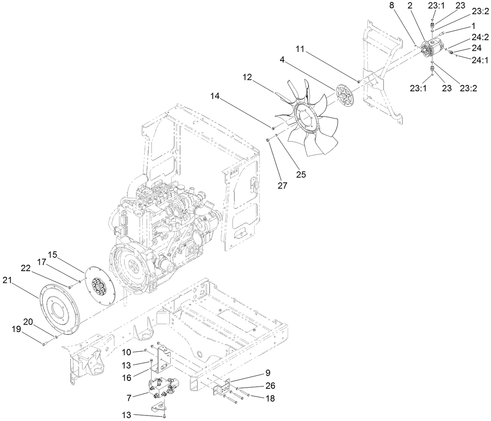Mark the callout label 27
click(x=282, y=185)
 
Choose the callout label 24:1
click(x=480, y=61)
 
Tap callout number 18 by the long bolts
click(x=270, y=399)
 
